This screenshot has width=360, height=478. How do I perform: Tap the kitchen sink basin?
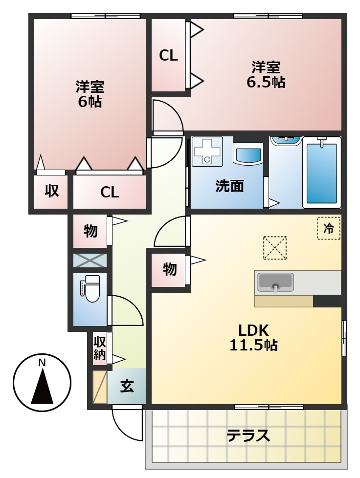click(x=275, y=282)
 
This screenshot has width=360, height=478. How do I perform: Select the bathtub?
click(x=322, y=173)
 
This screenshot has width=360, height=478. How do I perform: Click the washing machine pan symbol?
click(x=208, y=150)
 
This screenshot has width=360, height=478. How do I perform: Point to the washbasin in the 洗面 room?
click(x=248, y=154)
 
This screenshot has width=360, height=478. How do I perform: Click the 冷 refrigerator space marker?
click(x=329, y=228)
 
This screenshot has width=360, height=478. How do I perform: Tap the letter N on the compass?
click(x=42, y=363)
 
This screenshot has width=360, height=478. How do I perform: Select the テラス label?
click(x=248, y=435)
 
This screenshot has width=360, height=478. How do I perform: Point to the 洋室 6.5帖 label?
click(x=266, y=75)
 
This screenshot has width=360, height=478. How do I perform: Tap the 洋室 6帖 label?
click(x=89, y=94)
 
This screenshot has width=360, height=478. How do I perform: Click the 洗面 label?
click(x=230, y=186)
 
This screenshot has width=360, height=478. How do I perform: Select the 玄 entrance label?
click(x=127, y=386)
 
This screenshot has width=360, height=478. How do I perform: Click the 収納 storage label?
click(x=100, y=348)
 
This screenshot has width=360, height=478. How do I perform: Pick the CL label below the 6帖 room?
click(x=110, y=192)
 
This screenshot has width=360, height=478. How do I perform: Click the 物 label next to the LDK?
click(x=169, y=269)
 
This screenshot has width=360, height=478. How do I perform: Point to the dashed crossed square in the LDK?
click(x=274, y=248)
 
